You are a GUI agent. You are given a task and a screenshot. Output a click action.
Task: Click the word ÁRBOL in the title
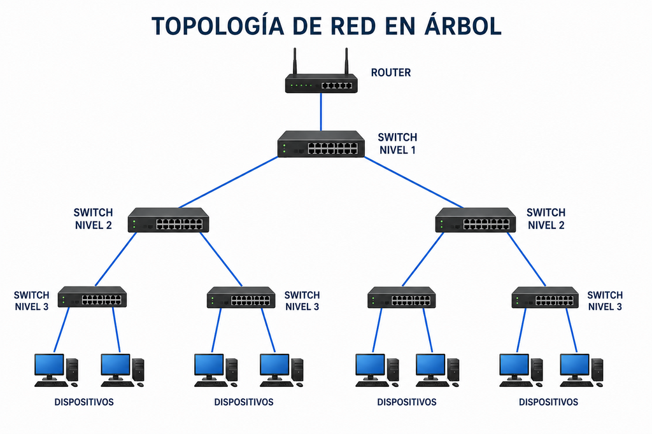463,26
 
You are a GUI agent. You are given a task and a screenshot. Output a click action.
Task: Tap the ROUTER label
391,73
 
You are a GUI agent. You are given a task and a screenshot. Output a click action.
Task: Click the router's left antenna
295,62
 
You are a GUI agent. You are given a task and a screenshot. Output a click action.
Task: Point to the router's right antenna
346,62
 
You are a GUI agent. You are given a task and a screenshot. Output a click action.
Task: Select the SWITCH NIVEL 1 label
397,143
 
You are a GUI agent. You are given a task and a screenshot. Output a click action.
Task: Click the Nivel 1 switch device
321,144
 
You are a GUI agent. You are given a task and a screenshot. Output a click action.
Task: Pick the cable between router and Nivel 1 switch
321,112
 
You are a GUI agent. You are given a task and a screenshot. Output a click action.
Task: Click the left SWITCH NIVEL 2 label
93,219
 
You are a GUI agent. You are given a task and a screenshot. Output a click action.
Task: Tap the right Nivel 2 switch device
476,220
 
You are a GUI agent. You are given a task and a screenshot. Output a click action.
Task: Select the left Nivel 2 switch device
168,220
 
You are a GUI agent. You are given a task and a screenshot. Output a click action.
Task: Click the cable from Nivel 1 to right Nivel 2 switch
414,182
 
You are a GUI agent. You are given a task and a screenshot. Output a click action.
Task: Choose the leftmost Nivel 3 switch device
92,297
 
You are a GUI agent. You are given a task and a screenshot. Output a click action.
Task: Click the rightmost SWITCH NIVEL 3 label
605,301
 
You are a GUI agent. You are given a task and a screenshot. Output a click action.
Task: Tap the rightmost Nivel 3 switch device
545,297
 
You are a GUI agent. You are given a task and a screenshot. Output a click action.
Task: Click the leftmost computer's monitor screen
49,365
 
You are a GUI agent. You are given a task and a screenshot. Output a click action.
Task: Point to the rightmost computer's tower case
597,370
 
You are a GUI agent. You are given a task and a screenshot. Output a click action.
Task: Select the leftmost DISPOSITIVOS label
84,402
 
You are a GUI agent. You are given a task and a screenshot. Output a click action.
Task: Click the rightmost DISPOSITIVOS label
548,402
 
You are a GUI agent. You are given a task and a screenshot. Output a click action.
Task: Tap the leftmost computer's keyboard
51,384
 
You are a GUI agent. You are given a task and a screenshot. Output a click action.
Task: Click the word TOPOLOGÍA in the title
218,26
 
